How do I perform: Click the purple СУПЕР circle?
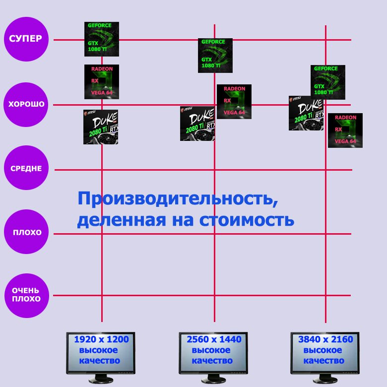26,39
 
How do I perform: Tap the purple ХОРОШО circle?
26,105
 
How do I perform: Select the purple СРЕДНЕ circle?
26,169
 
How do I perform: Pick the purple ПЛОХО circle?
26,232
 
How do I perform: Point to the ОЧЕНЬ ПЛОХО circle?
26,295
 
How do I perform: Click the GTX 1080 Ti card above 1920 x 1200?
102,39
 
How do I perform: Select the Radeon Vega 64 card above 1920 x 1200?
102,82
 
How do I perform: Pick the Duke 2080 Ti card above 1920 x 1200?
101,127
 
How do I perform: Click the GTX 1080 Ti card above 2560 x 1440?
215,56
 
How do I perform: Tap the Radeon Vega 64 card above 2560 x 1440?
234,102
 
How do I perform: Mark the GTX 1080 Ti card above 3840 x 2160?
328,82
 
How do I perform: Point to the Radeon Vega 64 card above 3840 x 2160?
345,130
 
